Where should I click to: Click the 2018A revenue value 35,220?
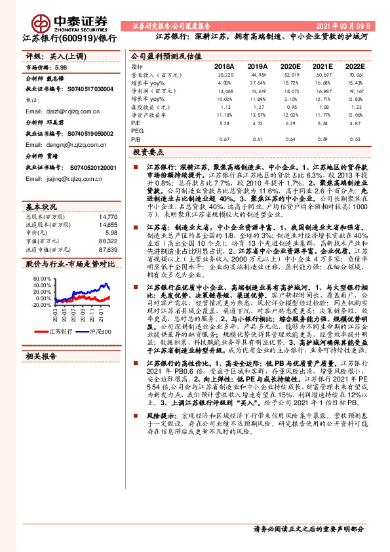(x=225, y=76)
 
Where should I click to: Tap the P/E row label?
(x=136, y=122)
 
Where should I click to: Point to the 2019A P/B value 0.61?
(x=258, y=139)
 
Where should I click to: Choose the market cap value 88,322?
(x=107, y=241)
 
